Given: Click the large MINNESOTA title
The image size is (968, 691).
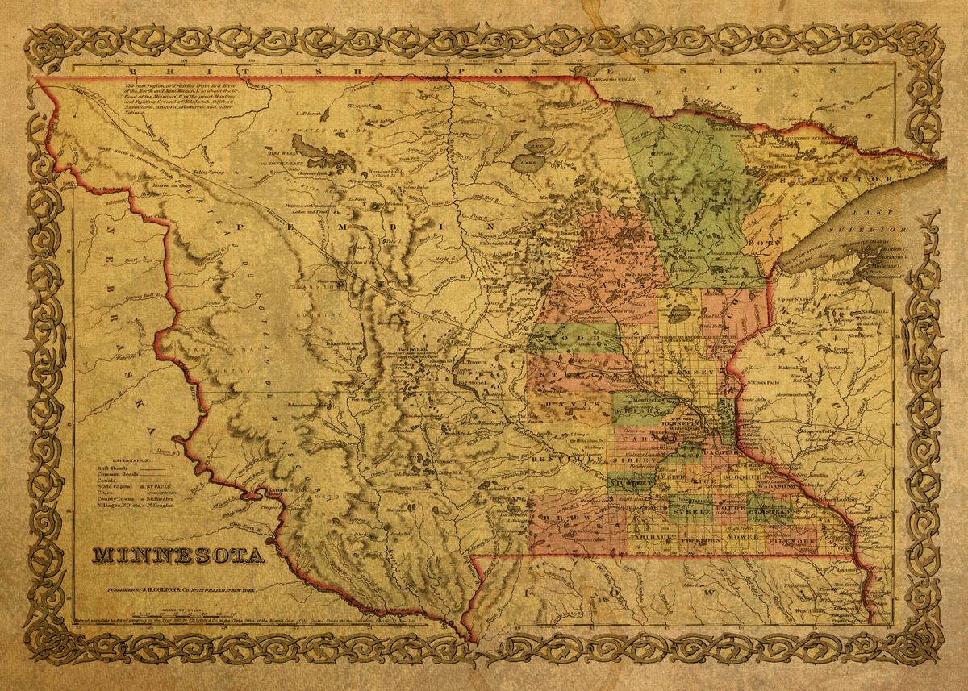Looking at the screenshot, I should pyautogui.click(x=178, y=556).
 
